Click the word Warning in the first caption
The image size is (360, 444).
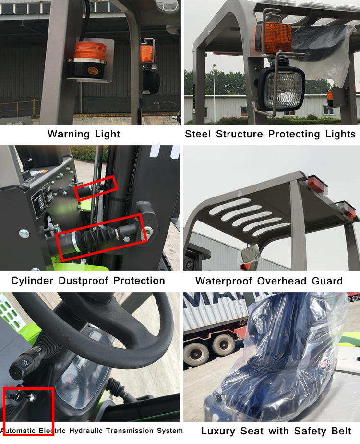tap(68, 134)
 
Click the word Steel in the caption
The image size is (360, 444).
tap(198, 134)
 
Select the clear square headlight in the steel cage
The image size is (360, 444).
tap(281, 89)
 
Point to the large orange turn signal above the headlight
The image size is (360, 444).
tap(273, 38)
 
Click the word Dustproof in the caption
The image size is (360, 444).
tap(84, 281)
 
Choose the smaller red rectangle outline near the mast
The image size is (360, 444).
tap(96, 188)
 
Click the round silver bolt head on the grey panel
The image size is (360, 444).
tap(24, 234)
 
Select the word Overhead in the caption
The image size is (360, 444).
tap(282, 281)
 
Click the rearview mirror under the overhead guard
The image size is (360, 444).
tap(250, 253)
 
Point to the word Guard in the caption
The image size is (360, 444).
tap(327, 281)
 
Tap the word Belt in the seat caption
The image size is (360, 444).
tap(341, 431)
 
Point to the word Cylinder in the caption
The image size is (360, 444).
tap(32, 281)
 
